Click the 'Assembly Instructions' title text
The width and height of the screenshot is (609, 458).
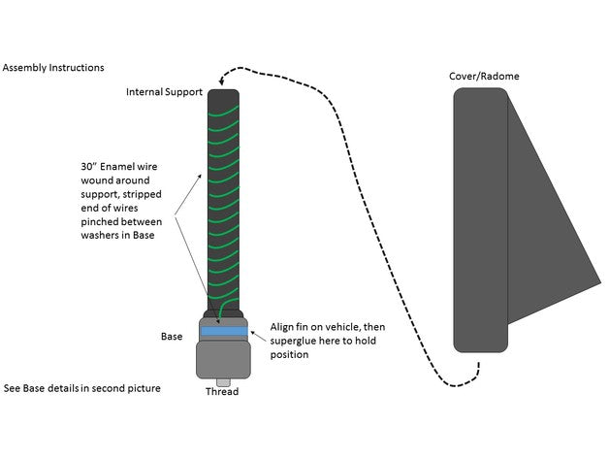click(53, 68)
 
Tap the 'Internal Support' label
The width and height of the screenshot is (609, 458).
click(164, 92)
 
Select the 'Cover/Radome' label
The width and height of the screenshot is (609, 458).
click(484, 77)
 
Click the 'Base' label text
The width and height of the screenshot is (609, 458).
click(172, 337)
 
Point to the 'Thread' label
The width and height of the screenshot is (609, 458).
click(222, 391)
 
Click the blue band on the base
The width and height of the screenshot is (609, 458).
click(224, 331)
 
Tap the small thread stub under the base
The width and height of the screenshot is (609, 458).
click(223, 382)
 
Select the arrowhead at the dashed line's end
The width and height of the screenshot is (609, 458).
click(222, 82)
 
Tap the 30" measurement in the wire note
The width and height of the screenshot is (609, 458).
click(88, 166)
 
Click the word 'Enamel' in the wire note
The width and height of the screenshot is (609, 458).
click(116, 167)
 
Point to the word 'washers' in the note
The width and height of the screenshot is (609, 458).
click(98, 235)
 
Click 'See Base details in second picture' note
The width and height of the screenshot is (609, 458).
click(82, 388)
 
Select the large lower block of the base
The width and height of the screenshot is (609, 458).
click(223, 360)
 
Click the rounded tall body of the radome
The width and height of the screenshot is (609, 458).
click(481, 220)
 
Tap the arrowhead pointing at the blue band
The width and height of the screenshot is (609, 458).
click(253, 333)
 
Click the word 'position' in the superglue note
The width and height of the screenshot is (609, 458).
click(289, 355)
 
